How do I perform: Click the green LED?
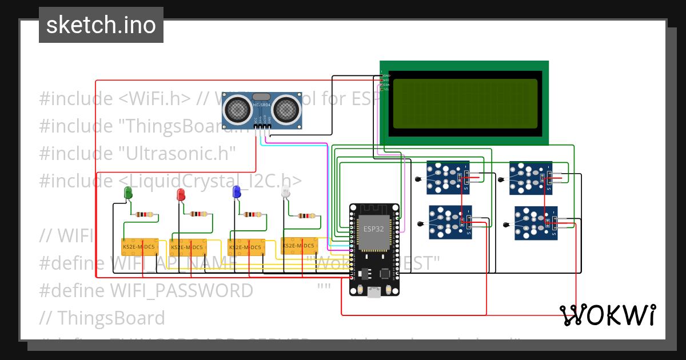click(x=128, y=193)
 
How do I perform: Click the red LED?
click(x=181, y=194)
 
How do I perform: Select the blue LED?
click(x=236, y=193)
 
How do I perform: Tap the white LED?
click(x=286, y=193)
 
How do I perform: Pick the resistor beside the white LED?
click(x=305, y=216)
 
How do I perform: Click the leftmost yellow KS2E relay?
click(x=139, y=247)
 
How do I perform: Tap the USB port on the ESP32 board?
click(x=374, y=292)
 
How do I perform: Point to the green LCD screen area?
click(x=465, y=103)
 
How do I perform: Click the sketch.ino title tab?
click(x=101, y=25)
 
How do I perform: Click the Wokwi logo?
click(x=608, y=315)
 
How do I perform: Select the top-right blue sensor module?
click(x=531, y=177)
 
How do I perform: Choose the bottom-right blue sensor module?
click(x=536, y=222)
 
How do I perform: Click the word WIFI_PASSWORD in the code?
click(x=182, y=290)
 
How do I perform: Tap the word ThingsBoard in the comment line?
click(x=111, y=318)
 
